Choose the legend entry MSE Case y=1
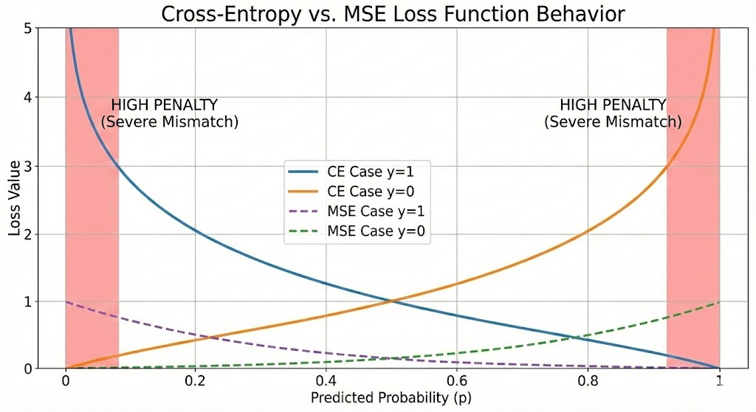pos(358,212)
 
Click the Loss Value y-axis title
pos(16,198)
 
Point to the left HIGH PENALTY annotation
pos(169,114)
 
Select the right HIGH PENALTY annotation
pos(613,114)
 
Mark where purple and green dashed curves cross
pos(392,359)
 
